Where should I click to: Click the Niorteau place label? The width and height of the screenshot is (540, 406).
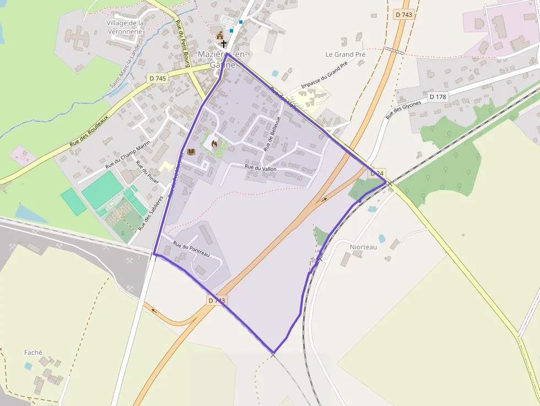coord(363,247)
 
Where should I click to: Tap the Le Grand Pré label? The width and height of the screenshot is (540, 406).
coord(345,55)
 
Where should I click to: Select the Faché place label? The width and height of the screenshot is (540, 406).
coord(33,353)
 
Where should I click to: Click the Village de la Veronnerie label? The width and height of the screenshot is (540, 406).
coord(125,27)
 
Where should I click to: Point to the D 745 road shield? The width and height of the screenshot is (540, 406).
coord(157,79)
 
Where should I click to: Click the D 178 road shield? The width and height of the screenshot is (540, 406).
coord(438,97)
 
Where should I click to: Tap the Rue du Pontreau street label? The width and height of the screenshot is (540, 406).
coord(191,250)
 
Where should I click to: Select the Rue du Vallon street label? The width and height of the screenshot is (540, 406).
coord(261,168)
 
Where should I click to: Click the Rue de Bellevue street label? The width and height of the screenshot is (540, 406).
coord(272,134)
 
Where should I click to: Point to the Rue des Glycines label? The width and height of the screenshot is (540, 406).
coord(404,109)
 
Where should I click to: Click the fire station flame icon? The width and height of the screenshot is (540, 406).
coord(214,144)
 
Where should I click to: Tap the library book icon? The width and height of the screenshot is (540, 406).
coord(191,151)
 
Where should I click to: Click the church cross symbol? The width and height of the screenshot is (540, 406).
coord(223,43)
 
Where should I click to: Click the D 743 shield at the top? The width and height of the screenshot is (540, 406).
coord(403,15)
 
